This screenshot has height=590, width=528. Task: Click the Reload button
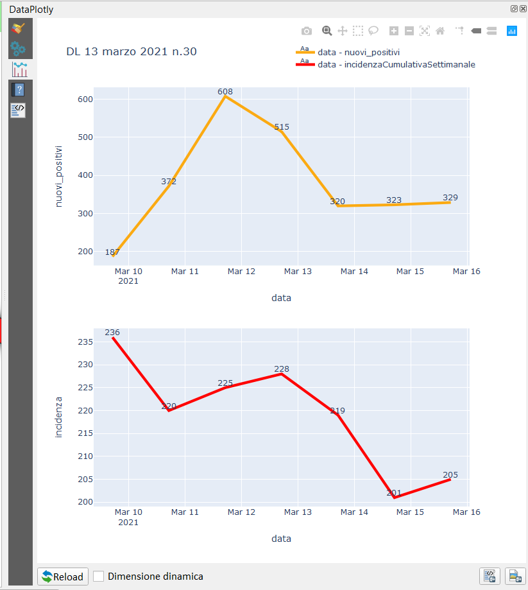(63, 577)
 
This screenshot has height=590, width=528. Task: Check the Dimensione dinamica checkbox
(99, 577)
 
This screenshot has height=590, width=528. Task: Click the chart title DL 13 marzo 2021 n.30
(132, 51)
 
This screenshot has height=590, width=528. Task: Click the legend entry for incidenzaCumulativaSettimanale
(396, 64)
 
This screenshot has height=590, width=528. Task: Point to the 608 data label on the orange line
(225, 92)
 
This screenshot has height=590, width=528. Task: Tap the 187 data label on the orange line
(112, 252)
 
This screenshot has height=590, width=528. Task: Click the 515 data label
(282, 127)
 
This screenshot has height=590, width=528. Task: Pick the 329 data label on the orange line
(450, 197)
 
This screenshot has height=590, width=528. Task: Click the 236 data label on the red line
(112, 333)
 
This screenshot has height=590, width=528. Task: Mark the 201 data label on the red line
(394, 493)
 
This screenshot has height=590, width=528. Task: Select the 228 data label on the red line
(282, 369)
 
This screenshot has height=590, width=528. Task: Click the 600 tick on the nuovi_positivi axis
(85, 100)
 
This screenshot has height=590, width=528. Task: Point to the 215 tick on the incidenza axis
(85, 433)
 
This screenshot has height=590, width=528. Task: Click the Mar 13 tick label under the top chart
(298, 272)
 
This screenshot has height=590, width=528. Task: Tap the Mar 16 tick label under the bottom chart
(466, 512)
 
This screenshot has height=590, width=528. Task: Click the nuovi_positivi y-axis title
(59, 175)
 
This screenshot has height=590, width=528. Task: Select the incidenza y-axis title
(59, 417)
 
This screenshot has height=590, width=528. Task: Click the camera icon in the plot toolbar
(307, 31)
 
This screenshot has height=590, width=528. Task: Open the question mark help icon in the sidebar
(19, 90)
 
